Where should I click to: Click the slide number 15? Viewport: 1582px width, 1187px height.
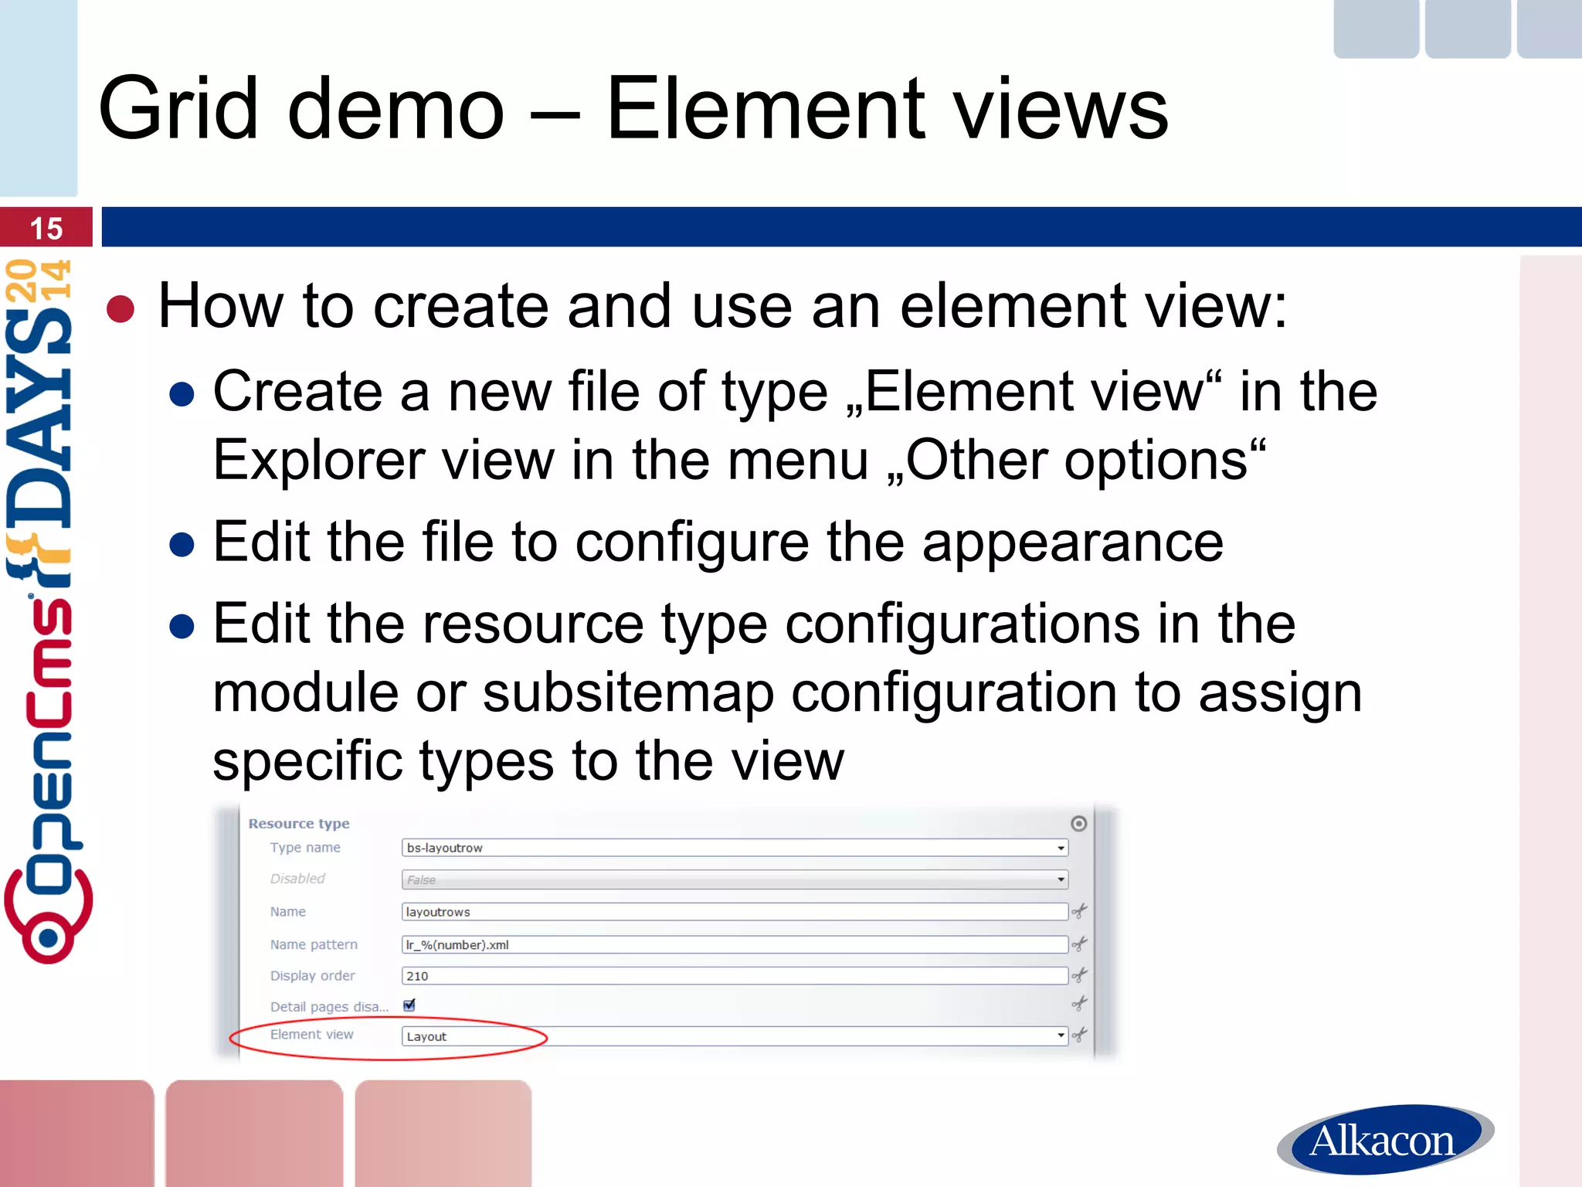click(46, 229)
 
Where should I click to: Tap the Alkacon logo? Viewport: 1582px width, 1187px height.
click(1384, 1140)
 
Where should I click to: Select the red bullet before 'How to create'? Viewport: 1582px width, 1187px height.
click(121, 308)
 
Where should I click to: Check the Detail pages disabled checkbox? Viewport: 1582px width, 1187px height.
click(409, 1005)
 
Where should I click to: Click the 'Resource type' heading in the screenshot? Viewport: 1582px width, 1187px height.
click(299, 824)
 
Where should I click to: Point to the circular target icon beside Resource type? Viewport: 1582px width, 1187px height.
click(1079, 824)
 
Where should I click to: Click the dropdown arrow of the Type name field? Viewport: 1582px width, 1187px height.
click(1061, 849)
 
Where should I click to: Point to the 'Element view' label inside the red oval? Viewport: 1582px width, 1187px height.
click(311, 1035)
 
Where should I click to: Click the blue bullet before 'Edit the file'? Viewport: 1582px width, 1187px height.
click(182, 544)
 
